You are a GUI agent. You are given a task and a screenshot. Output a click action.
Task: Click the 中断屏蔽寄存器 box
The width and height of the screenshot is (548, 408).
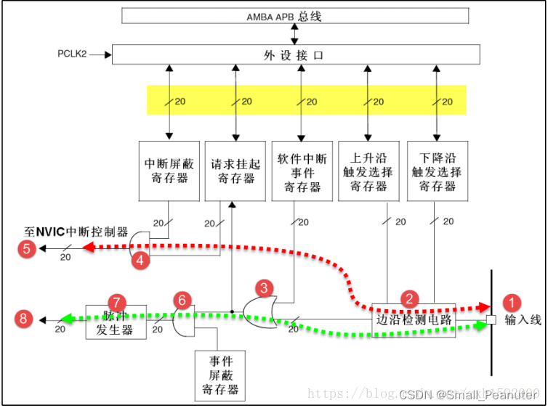point(168,171)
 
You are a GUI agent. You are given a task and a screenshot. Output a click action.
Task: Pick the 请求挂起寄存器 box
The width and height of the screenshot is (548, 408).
point(235,171)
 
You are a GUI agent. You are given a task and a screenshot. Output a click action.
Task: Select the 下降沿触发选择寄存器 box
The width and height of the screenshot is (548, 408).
point(435,171)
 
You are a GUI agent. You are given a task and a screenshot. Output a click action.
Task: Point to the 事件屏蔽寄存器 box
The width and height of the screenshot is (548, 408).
point(221,375)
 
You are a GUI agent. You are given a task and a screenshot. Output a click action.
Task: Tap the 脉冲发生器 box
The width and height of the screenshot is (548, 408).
point(116,321)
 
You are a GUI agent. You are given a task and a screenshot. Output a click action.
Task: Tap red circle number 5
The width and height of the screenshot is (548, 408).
point(28,248)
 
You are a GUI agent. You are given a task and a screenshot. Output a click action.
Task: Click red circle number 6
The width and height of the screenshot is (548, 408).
point(182,299)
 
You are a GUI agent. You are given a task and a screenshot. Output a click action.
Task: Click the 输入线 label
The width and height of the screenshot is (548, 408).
point(523,320)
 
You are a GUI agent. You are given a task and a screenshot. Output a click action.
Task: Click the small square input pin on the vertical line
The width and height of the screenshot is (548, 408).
point(491,320)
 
